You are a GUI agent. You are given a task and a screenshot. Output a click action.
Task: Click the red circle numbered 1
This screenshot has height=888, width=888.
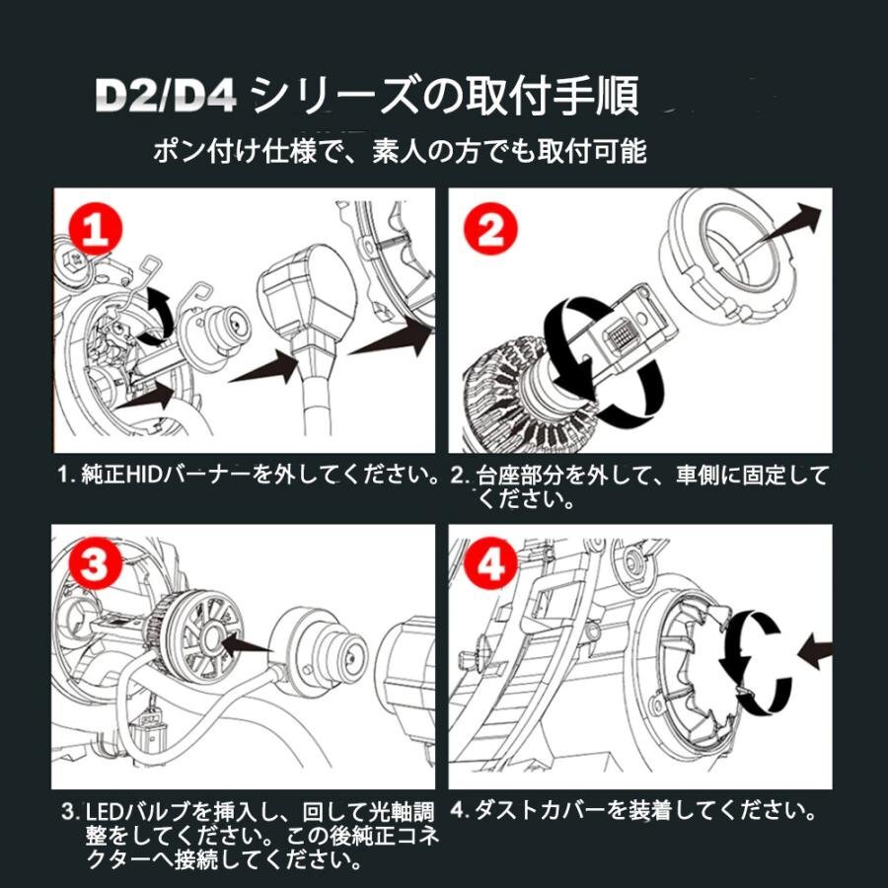pyautogui.click(x=95, y=230)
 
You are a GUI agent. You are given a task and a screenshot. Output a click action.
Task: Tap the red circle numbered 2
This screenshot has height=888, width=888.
pyautogui.click(x=491, y=229)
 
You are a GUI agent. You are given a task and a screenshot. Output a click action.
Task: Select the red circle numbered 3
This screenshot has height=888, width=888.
pyautogui.click(x=94, y=564)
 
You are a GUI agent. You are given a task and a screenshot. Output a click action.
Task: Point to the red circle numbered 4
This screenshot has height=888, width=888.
pyautogui.click(x=490, y=564)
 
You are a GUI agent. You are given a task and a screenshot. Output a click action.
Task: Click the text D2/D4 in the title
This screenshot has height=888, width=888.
pyautogui.click(x=166, y=96)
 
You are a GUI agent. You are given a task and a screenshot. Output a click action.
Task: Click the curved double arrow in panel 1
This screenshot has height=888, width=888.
pyautogui.click(x=159, y=316)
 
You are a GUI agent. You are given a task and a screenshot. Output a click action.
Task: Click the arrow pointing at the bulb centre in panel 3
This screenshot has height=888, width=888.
pyautogui.click(x=248, y=644)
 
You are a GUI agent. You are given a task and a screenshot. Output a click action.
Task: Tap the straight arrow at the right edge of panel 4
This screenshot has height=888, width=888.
pyautogui.click(x=815, y=651)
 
